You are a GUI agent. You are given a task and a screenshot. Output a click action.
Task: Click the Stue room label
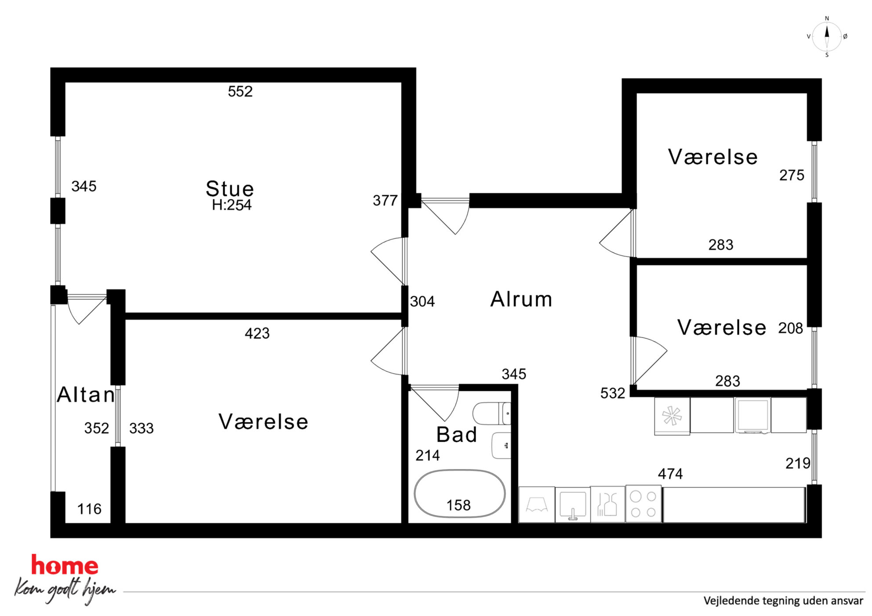point(230,189)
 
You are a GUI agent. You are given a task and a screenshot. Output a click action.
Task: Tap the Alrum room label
point(521,299)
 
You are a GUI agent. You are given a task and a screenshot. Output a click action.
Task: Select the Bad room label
point(457,435)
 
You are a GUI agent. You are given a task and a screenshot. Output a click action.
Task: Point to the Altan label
point(86,395)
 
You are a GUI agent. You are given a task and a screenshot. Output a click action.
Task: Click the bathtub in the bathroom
point(460,494)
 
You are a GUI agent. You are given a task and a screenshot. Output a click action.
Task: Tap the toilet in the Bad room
point(492,414)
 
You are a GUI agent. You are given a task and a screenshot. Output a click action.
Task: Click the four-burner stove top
point(643,504)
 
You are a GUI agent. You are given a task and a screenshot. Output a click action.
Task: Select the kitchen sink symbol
point(572,504)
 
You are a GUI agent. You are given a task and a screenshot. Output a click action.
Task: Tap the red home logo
point(65,566)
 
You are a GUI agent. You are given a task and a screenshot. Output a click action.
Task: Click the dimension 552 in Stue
point(240,91)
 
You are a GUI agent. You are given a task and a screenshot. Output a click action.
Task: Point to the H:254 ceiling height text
point(232,205)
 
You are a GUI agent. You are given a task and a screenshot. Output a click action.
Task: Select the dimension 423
point(257,333)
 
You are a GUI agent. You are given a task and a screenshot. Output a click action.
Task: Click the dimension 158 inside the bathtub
point(458,505)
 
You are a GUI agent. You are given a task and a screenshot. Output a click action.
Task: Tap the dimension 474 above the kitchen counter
point(670,474)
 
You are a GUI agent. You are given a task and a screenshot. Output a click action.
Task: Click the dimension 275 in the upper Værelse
point(792,175)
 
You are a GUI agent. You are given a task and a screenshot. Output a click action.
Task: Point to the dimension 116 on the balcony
point(89,509)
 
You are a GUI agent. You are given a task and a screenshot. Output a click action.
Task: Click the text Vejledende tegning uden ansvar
point(783,601)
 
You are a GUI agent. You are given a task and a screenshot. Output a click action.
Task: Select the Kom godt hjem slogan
point(65,590)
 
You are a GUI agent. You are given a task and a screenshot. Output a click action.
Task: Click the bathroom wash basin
point(501,445)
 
